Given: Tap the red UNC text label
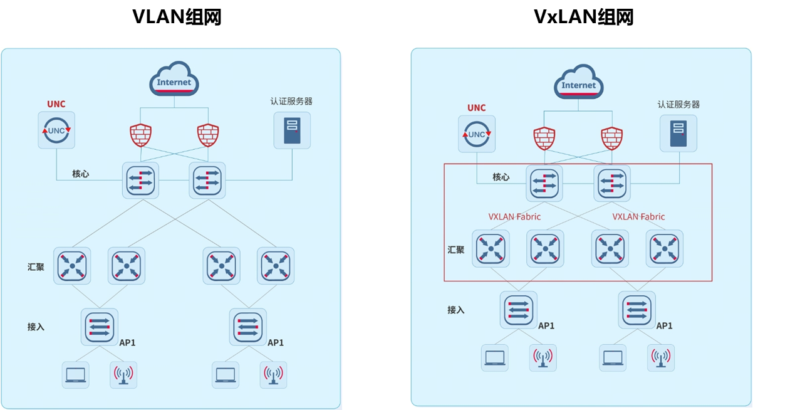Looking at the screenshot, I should pos(56,104).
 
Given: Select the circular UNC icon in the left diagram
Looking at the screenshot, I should pos(56,130).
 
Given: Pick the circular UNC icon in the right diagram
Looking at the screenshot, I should pos(477,134).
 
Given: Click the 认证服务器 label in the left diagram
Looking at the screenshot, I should pos(291,101).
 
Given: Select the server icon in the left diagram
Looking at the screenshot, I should pos(292,130).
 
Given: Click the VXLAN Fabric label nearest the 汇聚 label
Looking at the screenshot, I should pos(514,217).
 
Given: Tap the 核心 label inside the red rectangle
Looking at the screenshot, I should pos(501,177).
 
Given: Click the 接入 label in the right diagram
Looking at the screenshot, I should pos(456,310).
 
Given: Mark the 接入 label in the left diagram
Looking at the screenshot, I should pos(36,327).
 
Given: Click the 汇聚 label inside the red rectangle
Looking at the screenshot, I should pos(456,250).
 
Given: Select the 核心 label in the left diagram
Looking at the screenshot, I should pos(81,174).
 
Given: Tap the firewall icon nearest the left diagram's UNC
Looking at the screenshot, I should pos(140,135).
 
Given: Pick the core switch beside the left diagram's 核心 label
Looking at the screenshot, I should pos(140,181).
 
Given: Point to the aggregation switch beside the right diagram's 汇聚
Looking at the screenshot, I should pos(491,248).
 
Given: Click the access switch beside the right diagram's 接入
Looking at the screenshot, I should pos(518,309).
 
